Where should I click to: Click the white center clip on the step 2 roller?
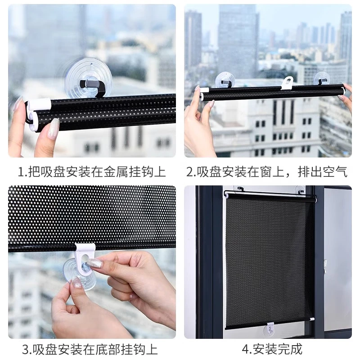tap(288, 83)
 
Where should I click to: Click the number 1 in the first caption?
tap(20, 171)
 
